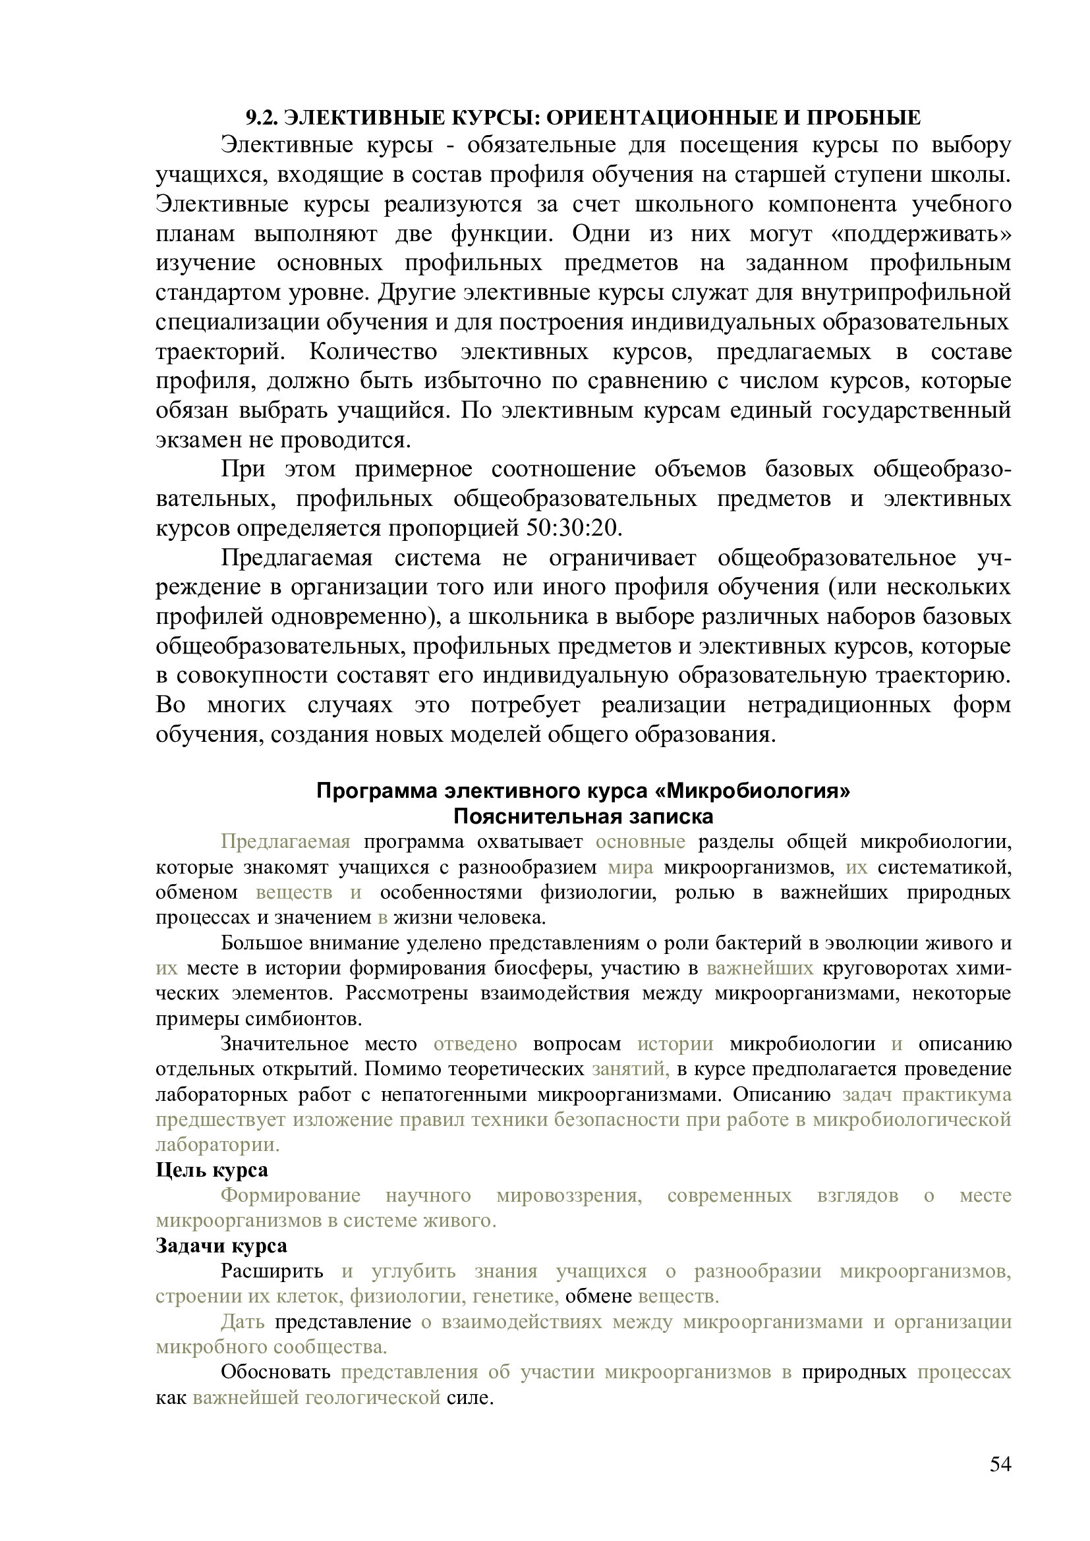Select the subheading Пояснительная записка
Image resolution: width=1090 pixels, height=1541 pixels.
583,817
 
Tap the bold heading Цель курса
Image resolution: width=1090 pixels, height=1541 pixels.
212,1170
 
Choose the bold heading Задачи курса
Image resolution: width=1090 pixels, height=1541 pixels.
221,1246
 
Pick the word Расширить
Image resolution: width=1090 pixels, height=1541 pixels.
272,1271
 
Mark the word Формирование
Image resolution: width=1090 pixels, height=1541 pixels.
291,1195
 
